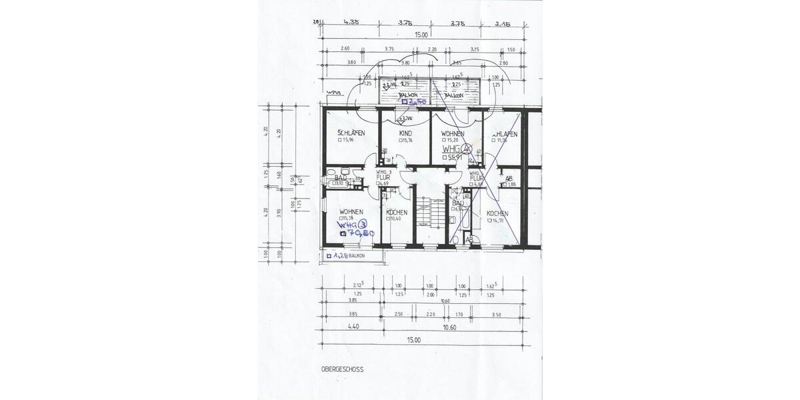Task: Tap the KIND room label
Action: (405, 134)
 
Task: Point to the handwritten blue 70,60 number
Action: (361, 233)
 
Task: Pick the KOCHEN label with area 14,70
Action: (497, 214)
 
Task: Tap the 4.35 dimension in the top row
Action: (351, 23)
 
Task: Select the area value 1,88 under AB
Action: (511, 185)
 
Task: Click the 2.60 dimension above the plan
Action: (345, 49)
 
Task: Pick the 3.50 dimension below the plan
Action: (496, 313)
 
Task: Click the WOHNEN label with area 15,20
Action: (452, 134)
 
